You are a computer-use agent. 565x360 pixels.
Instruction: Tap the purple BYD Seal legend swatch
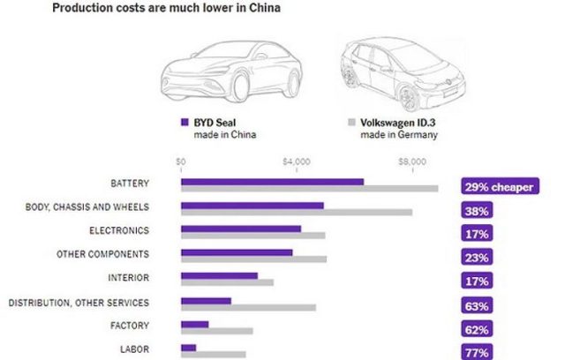tap(185, 124)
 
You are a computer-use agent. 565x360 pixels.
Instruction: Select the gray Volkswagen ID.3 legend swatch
tap(350, 124)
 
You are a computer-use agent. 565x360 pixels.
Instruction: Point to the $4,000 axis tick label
tap(297, 161)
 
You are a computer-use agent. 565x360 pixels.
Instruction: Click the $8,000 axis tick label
tap(412, 161)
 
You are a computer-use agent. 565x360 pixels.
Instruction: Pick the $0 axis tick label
tap(181, 161)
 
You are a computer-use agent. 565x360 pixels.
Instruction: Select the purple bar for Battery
tap(272, 181)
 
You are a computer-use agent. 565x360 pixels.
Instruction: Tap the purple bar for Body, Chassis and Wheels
tap(252, 205)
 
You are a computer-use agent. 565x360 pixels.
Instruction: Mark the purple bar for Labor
tap(188, 348)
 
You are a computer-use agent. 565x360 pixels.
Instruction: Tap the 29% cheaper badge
tap(499, 187)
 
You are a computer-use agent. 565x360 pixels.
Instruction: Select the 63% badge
tap(476, 306)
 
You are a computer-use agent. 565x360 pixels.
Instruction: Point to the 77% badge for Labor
tap(476, 353)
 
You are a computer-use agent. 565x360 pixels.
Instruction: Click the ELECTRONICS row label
tap(119, 231)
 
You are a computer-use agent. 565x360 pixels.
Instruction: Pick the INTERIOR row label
tap(128, 278)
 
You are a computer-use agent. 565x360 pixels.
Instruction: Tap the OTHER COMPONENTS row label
tap(102, 254)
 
